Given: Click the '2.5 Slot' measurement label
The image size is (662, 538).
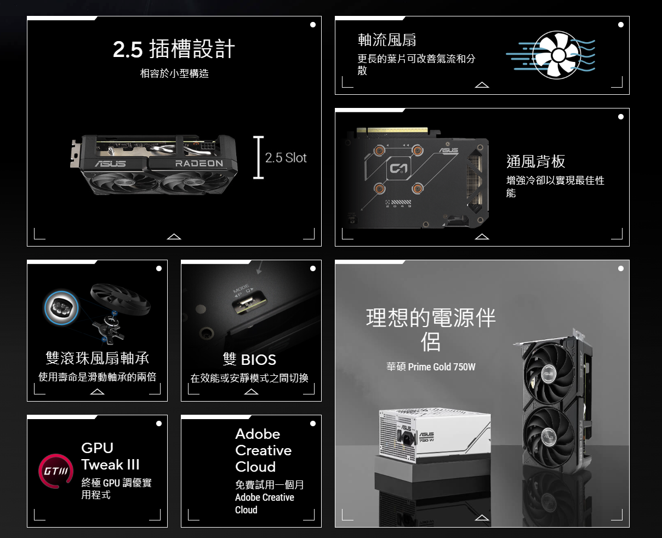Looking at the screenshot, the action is point(286,158).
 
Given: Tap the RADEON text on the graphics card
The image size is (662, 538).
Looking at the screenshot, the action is point(199,163).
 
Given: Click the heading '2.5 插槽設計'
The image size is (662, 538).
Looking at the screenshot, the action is point(174,49).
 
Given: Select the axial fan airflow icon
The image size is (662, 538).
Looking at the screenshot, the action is point(551,55).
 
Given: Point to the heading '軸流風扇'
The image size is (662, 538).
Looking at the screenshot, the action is point(387,40).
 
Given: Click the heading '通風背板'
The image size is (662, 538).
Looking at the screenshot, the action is point(535,161).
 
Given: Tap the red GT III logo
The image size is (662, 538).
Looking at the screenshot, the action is point(56,471).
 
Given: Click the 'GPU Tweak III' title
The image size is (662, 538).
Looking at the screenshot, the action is point(110,456).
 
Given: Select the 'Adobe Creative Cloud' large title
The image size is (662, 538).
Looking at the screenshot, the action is point(263,450).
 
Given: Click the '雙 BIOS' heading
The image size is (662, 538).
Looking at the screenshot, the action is point(249,360).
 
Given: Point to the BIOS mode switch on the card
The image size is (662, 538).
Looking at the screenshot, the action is point(249,302).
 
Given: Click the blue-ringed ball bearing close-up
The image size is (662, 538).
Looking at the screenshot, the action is point(61,308).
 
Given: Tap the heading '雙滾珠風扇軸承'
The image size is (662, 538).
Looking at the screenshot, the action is point(98,358).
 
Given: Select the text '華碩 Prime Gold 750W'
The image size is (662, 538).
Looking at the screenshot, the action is point(431,367).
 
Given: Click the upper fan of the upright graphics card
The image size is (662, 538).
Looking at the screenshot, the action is point(549,374).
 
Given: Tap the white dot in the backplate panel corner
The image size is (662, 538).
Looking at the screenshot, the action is point(621,117).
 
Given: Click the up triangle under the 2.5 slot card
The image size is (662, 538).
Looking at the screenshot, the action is point(174,237).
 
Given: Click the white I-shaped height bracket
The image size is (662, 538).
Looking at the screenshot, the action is point(258,157).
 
